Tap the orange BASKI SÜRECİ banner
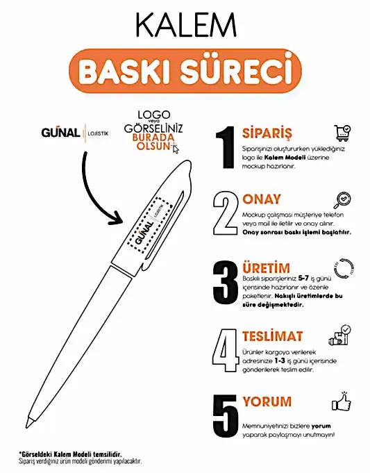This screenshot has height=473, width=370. tap(185, 71)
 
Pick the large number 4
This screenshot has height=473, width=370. tap(226, 351)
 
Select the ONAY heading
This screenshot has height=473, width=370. tap(262, 199)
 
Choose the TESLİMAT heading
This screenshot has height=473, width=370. tap(272, 336)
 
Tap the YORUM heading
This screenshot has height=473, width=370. tap(267, 402)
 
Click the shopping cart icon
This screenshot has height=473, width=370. tap(342, 133)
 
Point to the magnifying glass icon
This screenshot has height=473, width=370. tap(342, 201)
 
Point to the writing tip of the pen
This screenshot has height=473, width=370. tap(29, 422)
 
